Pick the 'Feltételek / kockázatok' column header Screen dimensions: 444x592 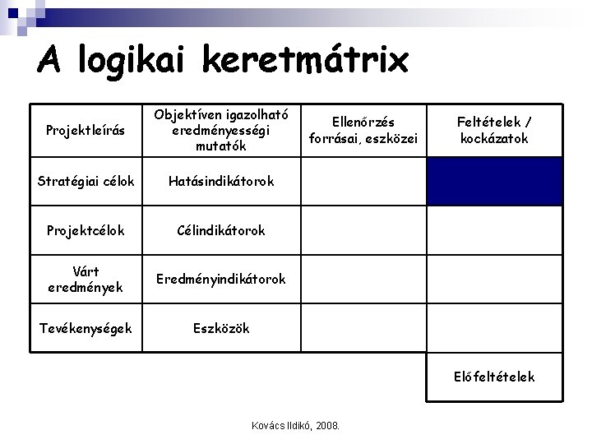pyautogui.click(x=493, y=131)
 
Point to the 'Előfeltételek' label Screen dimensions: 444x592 pyautogui.click(x=493, y=377)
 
